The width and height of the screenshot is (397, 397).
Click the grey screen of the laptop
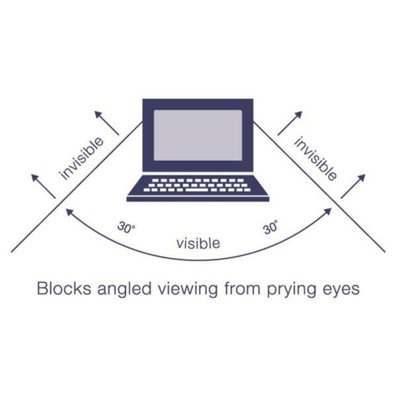click(x=198, y=134)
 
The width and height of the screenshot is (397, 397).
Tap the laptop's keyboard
click(x=197, y=185)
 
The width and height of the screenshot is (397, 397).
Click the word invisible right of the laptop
click(x=316, y=158)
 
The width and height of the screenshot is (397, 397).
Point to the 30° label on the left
click(x=126, y=227)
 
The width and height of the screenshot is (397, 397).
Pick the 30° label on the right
click(x=271, y=228)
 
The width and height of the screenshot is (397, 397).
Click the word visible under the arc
click(x=198, y=243)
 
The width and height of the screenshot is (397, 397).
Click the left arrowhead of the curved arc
click(x=67, y=211)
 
